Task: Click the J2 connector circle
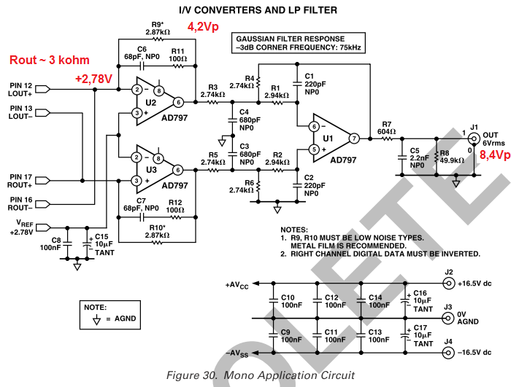pyautogui.click(x=448, y=282)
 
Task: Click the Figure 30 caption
pyautogui.click(x=261, y=375)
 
